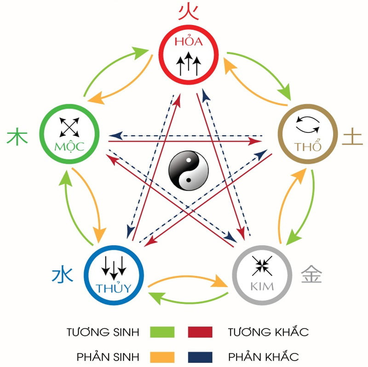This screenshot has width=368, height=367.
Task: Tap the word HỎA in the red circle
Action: coord(189,42)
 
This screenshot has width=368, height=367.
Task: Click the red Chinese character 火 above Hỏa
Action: coord(188,11)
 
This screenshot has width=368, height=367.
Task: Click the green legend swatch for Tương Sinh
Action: coord(162,332)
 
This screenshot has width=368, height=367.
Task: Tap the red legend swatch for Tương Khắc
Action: coord(200,332)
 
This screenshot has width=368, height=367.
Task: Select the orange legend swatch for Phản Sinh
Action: coord(162,356)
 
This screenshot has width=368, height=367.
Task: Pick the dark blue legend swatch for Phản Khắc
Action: coord(200,356)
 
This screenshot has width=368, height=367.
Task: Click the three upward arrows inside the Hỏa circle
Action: coord(189,64)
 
